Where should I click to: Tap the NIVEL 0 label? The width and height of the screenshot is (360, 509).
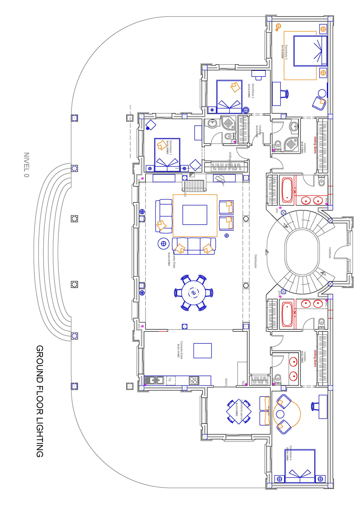pos(26,165)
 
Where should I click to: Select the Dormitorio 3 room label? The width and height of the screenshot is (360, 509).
pos(286,52)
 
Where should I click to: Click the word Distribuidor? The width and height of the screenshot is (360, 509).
pos(256,261)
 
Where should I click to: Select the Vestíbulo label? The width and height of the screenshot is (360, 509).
pos(330,253)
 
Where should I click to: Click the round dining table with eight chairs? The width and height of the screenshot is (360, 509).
pos(193,292)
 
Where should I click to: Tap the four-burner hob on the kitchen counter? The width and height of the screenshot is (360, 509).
pos(193,381)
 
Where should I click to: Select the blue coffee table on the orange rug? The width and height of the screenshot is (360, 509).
pos(195,215)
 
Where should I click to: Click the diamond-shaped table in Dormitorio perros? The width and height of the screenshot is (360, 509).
pos(239,412)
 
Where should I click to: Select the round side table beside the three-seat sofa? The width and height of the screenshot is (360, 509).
pos(163,244)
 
